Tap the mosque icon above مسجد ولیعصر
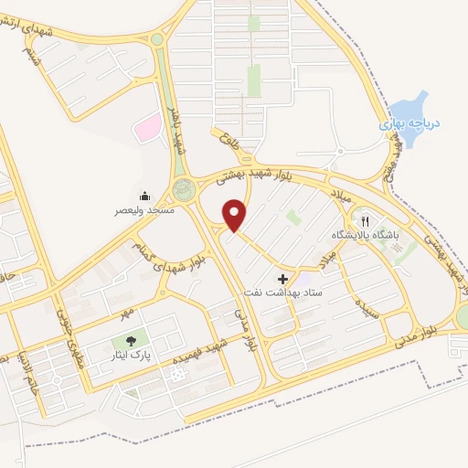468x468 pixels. [x=145, y=197]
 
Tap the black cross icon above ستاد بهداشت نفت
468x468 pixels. [x=282, y=278]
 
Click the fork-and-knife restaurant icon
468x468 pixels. [x=364, y=220]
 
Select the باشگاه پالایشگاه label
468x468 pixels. [x=364, y=235]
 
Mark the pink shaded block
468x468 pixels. [x=146, y=129]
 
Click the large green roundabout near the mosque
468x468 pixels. [x=186, y=190]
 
